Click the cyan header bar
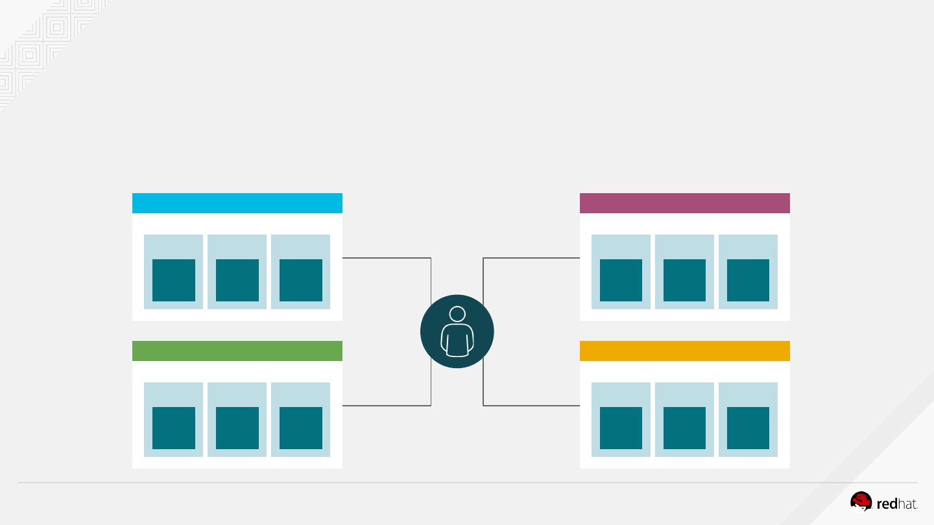(x=237, y=203)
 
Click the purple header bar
(x=684, y=203)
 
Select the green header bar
(x=237, y=351)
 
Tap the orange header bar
(x=684, y=351)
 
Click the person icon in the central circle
(x=457, y=331)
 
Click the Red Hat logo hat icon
(x=861, y=502)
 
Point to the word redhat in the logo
(x=897, y=504)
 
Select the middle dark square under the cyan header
(x=237, y=280)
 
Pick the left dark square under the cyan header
(x=174, y=280)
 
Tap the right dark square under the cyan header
(x=301, y=280)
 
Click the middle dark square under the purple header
(x=684, y=280)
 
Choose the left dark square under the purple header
(x=621, y=280)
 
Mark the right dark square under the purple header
(x=748, y=280)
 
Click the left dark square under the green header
(x=174, y=428)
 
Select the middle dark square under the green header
(x=237, y=428)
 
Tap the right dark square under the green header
(x=301, y=428)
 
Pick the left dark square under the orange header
(x=621, y=428)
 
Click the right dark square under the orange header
(x=748, y=428)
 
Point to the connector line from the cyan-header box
(x=386, y=258)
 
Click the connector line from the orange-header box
(x=532, y=406)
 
